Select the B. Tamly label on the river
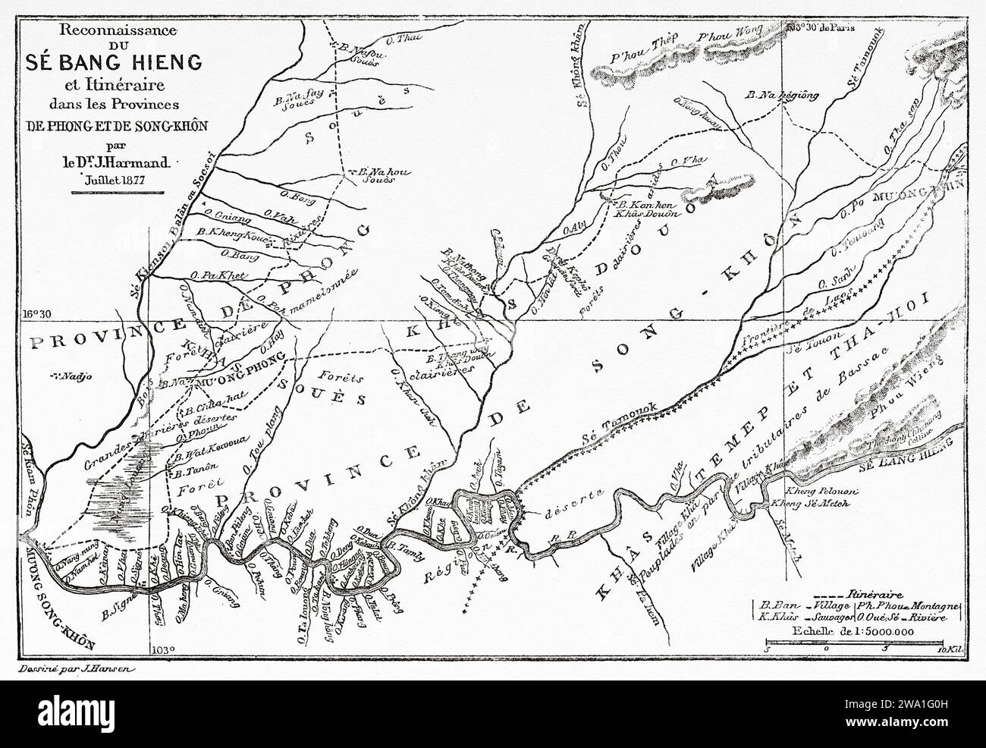pos(402,545)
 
